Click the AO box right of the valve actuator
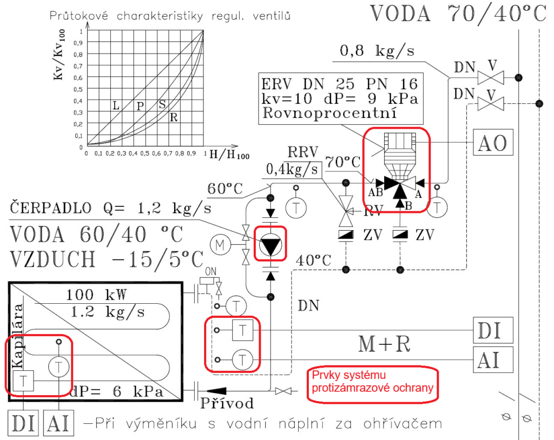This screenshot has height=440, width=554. click(x=493, y=142)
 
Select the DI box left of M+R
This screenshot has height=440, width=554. click(x=493, y=330)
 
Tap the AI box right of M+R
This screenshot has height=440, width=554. click(x=493, y=359)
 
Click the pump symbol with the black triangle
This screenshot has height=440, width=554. click(x=271, y=244)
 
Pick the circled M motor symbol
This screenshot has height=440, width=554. click(x=220, y=244)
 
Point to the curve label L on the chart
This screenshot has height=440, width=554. click(x=116, y=105)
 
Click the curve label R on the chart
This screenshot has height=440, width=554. click(x=174, y=117)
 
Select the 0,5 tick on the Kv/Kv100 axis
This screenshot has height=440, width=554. click(x=78, y=89)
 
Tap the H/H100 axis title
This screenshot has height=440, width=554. click(x=229, y=154)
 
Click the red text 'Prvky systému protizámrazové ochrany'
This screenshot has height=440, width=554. click(x=372, y=382)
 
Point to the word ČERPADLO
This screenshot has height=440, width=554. click(x=50, y=208)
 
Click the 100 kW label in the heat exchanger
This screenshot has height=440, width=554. click(x=96, y=295)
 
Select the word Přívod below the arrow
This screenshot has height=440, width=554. click(x=227, y=403)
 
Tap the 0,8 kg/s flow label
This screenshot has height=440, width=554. click(x=377, y=51)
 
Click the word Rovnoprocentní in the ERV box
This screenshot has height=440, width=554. click(x=329, y=113)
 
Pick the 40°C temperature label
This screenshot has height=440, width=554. click(x=313, y=260)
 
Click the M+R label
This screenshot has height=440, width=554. click(x=385, y=344)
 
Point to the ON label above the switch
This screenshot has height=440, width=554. click(x=210, y=271)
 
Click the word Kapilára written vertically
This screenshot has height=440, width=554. click(x=17, y=336)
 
